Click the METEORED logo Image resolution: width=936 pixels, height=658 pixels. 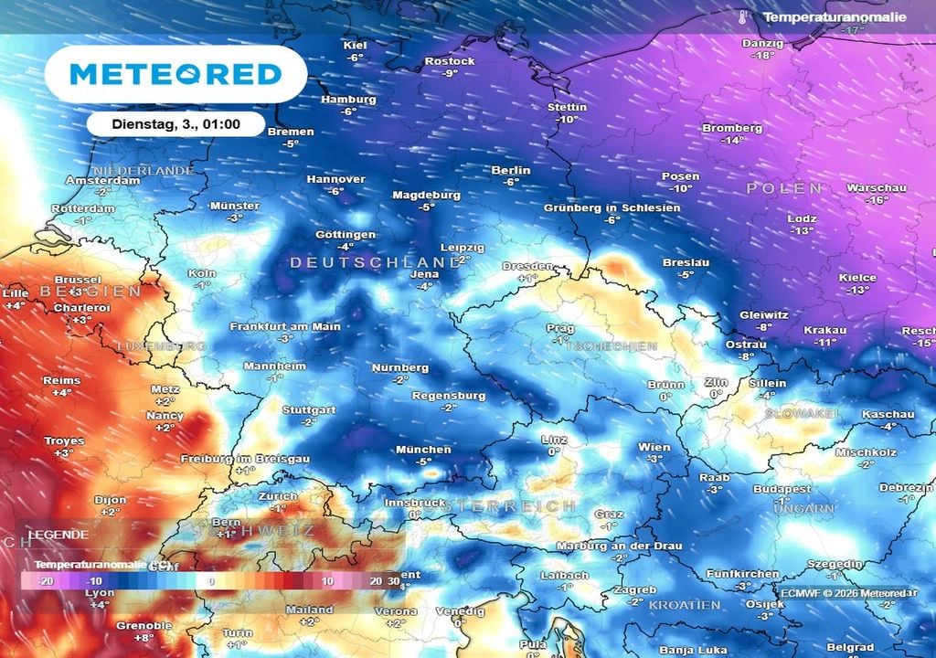tap(175, 74)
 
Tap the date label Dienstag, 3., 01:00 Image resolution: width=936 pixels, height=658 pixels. tap(175, 123)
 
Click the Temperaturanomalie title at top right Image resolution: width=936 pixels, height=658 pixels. tap(835, 17)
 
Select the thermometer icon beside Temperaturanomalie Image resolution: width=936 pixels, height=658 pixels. tap(744, 17)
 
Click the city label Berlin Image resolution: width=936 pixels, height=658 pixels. tap(511, 171)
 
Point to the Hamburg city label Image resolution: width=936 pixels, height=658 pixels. tap(348, 100)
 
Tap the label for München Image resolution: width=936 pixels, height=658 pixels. tap(422, 450)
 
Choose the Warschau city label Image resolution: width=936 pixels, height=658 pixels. tap(876, 188)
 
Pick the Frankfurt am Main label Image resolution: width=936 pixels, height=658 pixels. tap(285, 326)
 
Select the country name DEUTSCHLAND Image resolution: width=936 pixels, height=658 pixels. tap(375, 262)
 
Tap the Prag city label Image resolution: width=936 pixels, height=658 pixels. tap(560, 329)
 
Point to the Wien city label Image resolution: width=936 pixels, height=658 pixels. tap(654, 448)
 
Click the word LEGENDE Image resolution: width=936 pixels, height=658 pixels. tap(58, 535)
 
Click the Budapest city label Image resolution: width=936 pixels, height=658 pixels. tap(782, 490)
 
